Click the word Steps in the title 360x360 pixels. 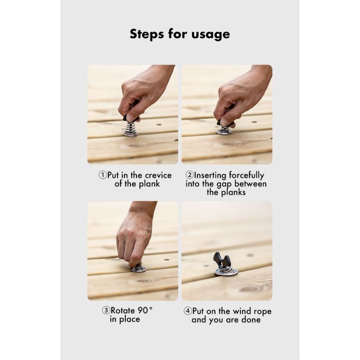(x=147, y=34)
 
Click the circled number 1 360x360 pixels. (x=102, y=175)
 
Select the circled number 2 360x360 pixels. (x=190, y=175)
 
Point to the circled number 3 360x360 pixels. (x=106, y=310)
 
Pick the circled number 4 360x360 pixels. (x=187, y=311)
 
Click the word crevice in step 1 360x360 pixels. (x=158, y=175)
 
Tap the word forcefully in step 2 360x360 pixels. (x=247, y=176)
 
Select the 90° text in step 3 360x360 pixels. (x=145, y=310)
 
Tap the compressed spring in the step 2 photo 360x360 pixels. (x=224, y=131)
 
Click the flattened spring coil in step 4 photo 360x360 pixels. (x=226, y=271)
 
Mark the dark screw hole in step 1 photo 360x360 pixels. (x=159, y=125)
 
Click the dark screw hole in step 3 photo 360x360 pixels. (x=166, y=260)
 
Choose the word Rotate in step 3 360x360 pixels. (x=123, y=311)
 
